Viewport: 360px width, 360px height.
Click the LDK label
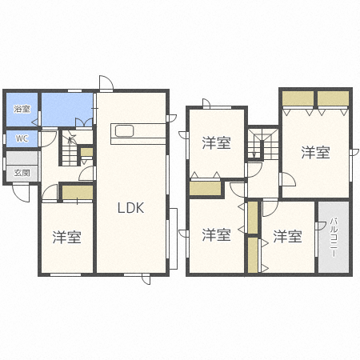click(130, 208)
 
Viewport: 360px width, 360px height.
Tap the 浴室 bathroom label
click(22, 109)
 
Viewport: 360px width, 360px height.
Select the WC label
click(22, 138)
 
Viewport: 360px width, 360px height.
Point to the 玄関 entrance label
click(22, 173)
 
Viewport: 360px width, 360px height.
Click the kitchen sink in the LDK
click(124, 130)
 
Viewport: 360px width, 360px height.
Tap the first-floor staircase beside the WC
click(70, 150)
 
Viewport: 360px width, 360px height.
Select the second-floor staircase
click(263, 144)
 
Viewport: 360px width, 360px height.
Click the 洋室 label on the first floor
click(66, 237)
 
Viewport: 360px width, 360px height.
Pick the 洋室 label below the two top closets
click(315, 153)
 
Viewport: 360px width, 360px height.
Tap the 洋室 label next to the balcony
click(287, 236)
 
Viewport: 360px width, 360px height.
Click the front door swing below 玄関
click(21, 193)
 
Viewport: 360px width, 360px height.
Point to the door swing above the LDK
click(106, 83)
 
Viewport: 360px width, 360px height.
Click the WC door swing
click(48, 139)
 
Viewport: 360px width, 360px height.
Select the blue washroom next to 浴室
click(67, 110)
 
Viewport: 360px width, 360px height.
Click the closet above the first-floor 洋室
click(78, 192)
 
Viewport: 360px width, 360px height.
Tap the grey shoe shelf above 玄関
click(22, 158)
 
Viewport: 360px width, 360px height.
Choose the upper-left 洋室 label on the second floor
click(216, 142)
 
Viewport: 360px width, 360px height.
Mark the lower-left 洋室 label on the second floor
click(216, 235)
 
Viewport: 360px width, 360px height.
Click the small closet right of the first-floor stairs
click(86, 152)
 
